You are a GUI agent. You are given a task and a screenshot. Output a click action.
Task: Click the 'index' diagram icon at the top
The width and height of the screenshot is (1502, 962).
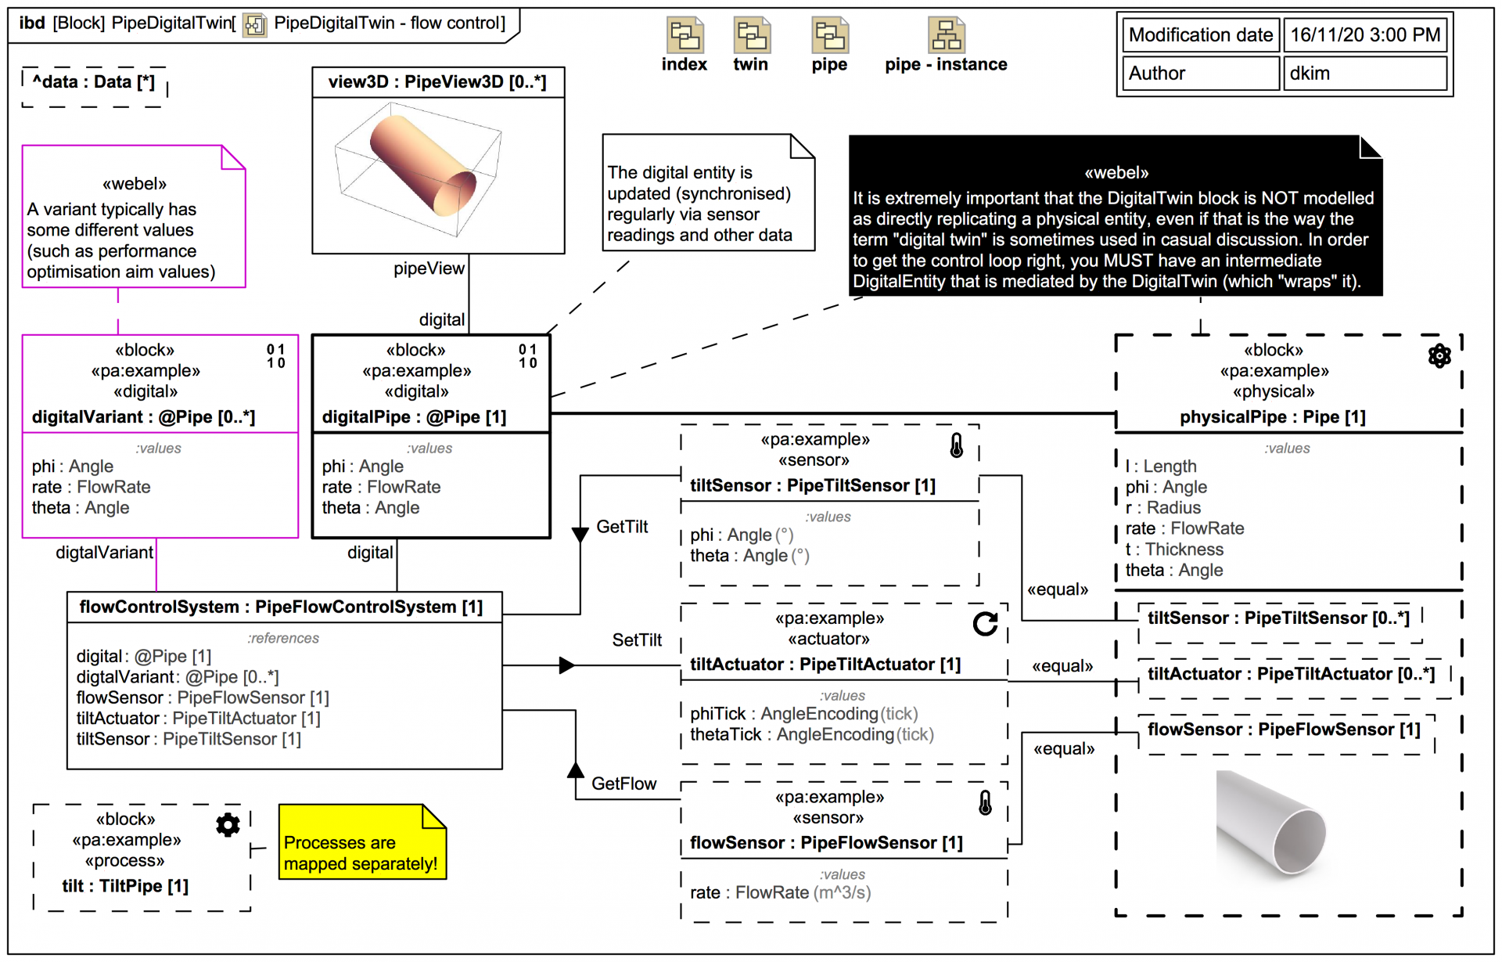click(685, 36)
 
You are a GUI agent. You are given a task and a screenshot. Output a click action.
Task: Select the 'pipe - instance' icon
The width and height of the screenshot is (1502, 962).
click(946, 36)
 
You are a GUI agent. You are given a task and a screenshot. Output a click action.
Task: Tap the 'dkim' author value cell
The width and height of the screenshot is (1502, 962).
click(1364, 74)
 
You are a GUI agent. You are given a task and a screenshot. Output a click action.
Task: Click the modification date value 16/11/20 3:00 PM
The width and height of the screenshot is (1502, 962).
click(1364, 35)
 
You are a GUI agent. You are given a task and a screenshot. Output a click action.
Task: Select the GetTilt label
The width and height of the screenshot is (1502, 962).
click(622, 527)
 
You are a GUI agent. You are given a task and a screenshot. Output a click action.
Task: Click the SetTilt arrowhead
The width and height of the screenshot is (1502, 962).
click(567, 665)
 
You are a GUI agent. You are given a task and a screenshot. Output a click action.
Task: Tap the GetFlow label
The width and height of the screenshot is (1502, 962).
click(623, 784)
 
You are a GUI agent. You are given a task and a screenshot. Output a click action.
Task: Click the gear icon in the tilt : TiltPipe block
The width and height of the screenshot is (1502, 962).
click(228, 825)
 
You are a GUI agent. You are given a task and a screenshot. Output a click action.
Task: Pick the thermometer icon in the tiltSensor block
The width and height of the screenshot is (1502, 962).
click(956, 445)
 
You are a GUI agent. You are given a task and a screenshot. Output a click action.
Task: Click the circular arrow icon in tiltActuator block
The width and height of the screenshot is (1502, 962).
click(985, 624)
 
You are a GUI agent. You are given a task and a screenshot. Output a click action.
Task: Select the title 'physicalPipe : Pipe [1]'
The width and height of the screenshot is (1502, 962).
click(1272, 417)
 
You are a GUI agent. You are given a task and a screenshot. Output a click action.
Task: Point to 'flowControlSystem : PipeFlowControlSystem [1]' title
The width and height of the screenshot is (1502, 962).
click(281, 607)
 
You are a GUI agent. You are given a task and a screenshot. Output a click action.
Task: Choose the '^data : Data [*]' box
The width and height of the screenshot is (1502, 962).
click(94, 83)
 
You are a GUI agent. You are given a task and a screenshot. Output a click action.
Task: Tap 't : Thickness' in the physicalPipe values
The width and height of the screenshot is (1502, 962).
click(1174, 549)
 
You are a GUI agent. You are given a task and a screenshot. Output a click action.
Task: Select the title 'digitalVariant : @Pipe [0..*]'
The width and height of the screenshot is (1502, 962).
click(143, 417)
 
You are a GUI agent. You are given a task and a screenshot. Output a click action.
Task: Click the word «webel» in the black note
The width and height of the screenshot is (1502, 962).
click(1116, 173)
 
